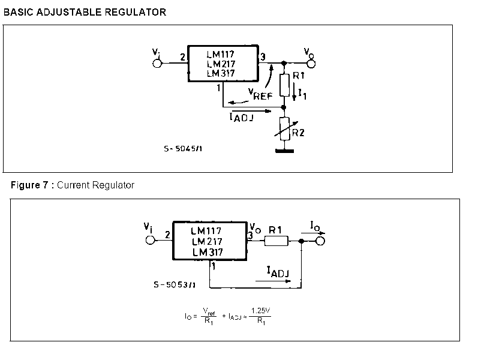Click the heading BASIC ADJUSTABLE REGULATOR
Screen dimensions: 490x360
pos(85,12)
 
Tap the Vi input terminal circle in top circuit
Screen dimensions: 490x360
pos(157,64)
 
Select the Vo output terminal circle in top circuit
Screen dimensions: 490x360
pos(311,64)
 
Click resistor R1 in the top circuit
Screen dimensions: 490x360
pos(284,85)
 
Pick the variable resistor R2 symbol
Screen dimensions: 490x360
pos(285,129)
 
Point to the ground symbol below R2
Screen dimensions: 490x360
pos(285,151)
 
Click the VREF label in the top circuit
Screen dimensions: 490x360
pos(260,94)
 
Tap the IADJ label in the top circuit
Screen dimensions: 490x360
pos(242,117)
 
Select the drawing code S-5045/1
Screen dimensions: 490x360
pos(183,149)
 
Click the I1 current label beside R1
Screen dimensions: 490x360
pos(302,94)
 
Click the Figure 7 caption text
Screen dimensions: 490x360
pos(73,185)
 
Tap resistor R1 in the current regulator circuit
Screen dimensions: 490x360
pos(276,241)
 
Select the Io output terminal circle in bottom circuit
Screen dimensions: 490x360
pos(320,241)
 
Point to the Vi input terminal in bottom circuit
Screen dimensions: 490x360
pos(151,241)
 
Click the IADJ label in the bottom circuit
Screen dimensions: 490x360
pos(278,272)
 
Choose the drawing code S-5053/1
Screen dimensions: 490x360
pos(175,284)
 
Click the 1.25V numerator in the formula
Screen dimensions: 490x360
pos(261,311)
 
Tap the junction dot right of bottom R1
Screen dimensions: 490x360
pos(301,241)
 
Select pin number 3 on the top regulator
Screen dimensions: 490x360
pos(263,57)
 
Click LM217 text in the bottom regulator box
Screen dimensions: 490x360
pos(207,242)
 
